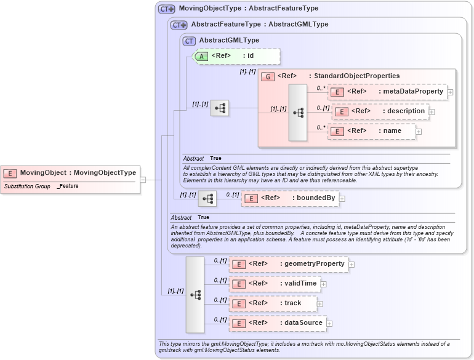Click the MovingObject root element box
70,173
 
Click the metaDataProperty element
387,92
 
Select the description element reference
380,111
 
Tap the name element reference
371,131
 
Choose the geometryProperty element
288,264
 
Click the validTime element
274,284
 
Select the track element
273,303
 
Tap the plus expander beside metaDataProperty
450,92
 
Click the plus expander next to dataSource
329,323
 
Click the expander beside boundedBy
342,199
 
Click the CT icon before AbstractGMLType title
190,41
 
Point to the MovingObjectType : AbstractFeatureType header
248,9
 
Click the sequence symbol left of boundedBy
207,199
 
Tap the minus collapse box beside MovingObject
143,180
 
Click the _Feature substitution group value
68,186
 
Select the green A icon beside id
201,56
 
